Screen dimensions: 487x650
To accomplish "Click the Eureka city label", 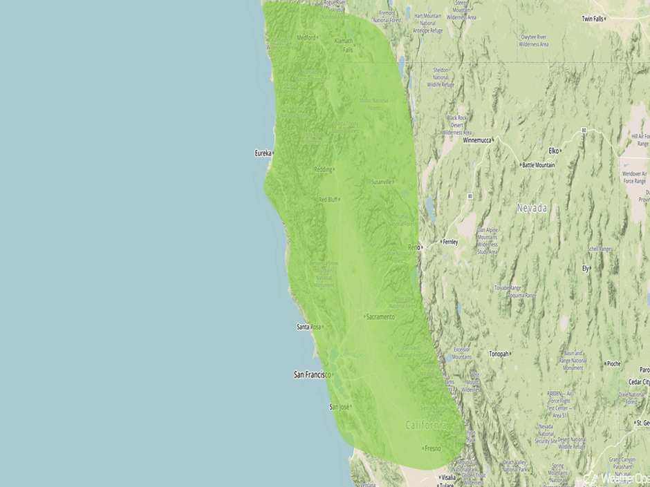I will [x=263, y=153].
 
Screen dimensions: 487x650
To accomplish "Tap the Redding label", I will [x=323, y=169].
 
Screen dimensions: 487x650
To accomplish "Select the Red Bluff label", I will [x=328, y=200].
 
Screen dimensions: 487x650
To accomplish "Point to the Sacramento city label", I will [x=380, y=317].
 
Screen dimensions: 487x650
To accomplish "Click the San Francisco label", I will [x=310, y=374].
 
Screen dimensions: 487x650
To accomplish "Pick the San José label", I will [x=339, y=407].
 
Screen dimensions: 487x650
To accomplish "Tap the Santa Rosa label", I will [x=309, y=327].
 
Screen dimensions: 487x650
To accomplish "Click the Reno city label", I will [x=414, y=247].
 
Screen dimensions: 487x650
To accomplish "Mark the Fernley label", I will [x=450, y=242].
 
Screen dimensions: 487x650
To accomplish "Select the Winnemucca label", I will [x=476, y=140].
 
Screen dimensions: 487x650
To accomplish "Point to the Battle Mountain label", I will [x=539, y=166].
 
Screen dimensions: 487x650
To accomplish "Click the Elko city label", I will [x=553, y=150].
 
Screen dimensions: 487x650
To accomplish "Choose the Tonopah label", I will [x=499, y=354].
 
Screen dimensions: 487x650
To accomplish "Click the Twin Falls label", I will [x=593, y=19].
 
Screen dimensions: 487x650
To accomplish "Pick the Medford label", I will [x=306, y=38].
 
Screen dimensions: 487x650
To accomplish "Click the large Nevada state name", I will [x=532, y=208].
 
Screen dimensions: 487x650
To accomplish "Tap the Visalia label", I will [x=448, y=477].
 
